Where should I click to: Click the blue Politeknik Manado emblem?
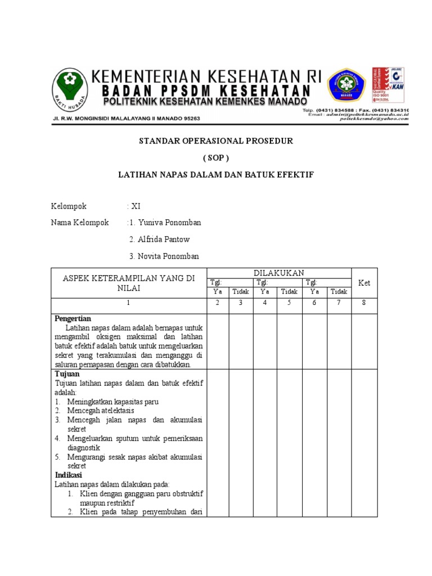[346, 87]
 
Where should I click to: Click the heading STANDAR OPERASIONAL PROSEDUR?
[216, 141]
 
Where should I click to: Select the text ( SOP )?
[215, 158]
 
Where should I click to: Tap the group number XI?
[136, 206]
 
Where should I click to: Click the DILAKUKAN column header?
[278, 273]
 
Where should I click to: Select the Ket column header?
[364, 283]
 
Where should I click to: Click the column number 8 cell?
[364, 303]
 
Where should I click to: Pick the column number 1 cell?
[128, 303]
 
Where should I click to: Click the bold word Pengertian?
[73, 318]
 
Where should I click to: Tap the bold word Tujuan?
[67, 373]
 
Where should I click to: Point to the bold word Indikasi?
[69, 475]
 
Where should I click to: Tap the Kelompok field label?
[69, 206]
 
